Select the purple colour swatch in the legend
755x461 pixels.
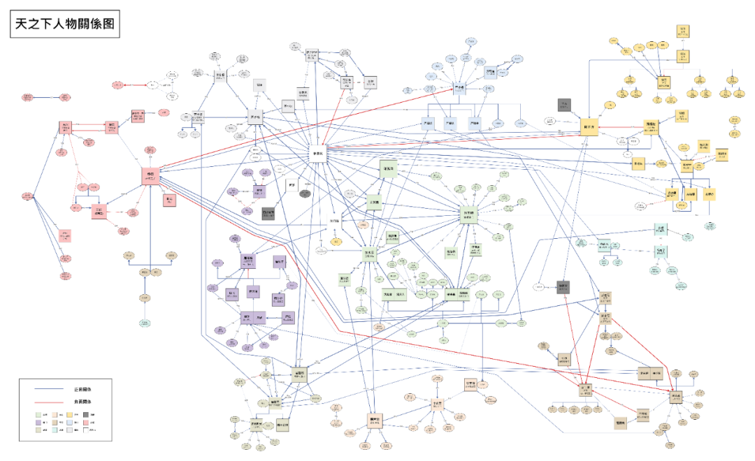(38, 423)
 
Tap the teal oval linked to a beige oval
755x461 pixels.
(145, 323)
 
